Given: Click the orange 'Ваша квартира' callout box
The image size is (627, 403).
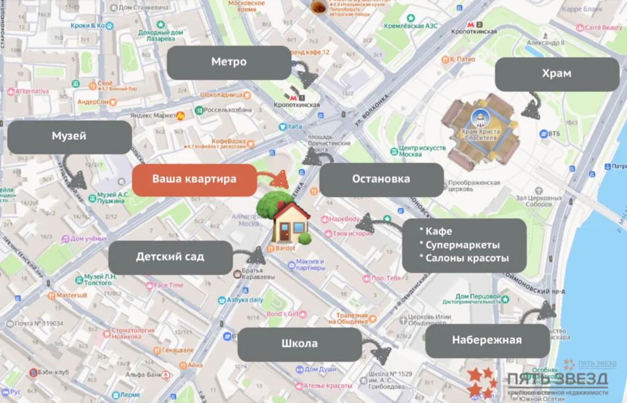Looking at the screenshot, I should coord(193,180).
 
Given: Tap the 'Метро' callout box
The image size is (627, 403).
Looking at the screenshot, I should coord(229,62).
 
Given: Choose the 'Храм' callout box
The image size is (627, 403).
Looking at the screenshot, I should coord(557,74).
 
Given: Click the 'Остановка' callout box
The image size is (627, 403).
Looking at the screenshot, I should coord(381,179).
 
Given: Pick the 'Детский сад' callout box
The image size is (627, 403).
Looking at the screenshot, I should coord(170,257).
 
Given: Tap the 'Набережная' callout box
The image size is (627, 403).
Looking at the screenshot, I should coord(487,341).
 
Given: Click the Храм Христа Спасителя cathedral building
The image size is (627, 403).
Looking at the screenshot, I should coord(480,132).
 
